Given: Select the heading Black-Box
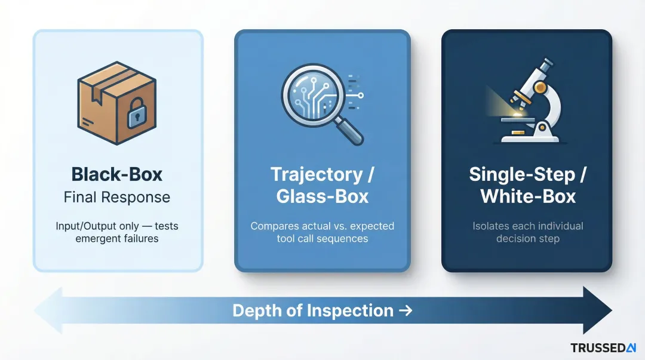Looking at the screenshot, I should click(x=117, y=174).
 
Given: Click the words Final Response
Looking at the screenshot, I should click(x=117, y=198).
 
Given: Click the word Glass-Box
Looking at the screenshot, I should click(x=322, y=196).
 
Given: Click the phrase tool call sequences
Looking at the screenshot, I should click(x=322, y=239).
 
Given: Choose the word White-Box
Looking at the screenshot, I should click(x=528, y=196).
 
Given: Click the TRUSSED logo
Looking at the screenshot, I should click(x=603, y=347).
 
